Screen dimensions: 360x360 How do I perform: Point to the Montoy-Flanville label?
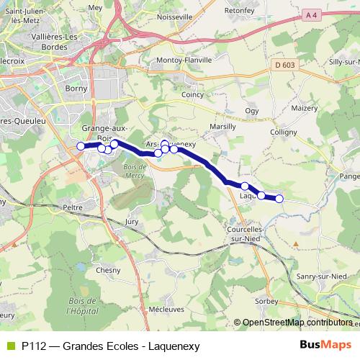(x=183, y=60)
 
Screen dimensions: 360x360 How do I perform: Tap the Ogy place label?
(x=251, y=110)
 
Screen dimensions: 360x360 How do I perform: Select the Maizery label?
(x=305, y=107)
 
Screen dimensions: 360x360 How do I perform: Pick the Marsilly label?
(x=222, y=126)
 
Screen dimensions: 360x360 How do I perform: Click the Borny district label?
(x=76, y=89)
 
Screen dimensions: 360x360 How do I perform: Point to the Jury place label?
(x=132, y=222)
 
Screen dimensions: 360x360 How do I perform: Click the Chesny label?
(x=108, y=270)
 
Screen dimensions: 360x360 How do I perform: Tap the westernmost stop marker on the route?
(x=81, y=146)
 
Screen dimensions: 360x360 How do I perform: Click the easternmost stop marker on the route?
(x=279, y=199)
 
